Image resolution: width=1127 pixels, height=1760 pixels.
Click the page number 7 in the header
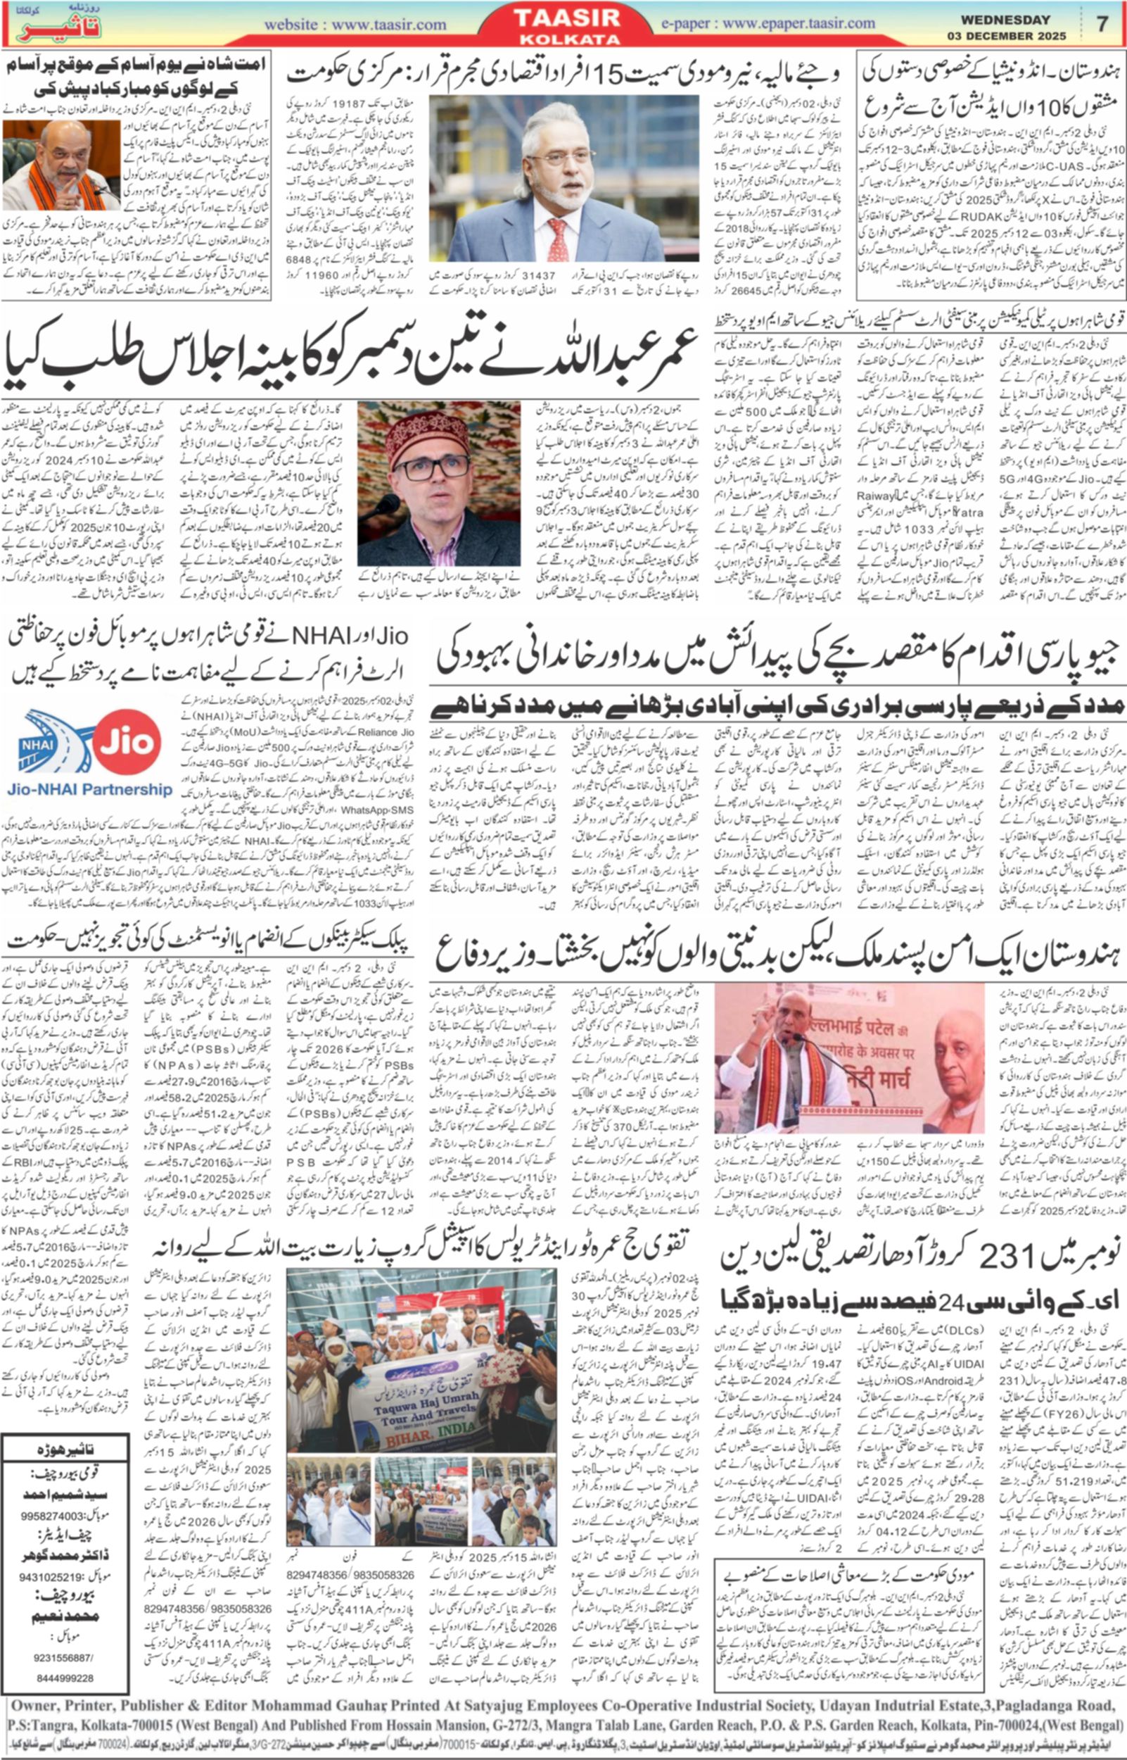click(1102, 24)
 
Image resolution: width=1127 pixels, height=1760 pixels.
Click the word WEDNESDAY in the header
click(1005, 20)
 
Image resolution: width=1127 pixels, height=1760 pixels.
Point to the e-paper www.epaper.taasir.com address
click(768, 23)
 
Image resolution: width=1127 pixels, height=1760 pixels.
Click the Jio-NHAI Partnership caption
click(90, 789)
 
